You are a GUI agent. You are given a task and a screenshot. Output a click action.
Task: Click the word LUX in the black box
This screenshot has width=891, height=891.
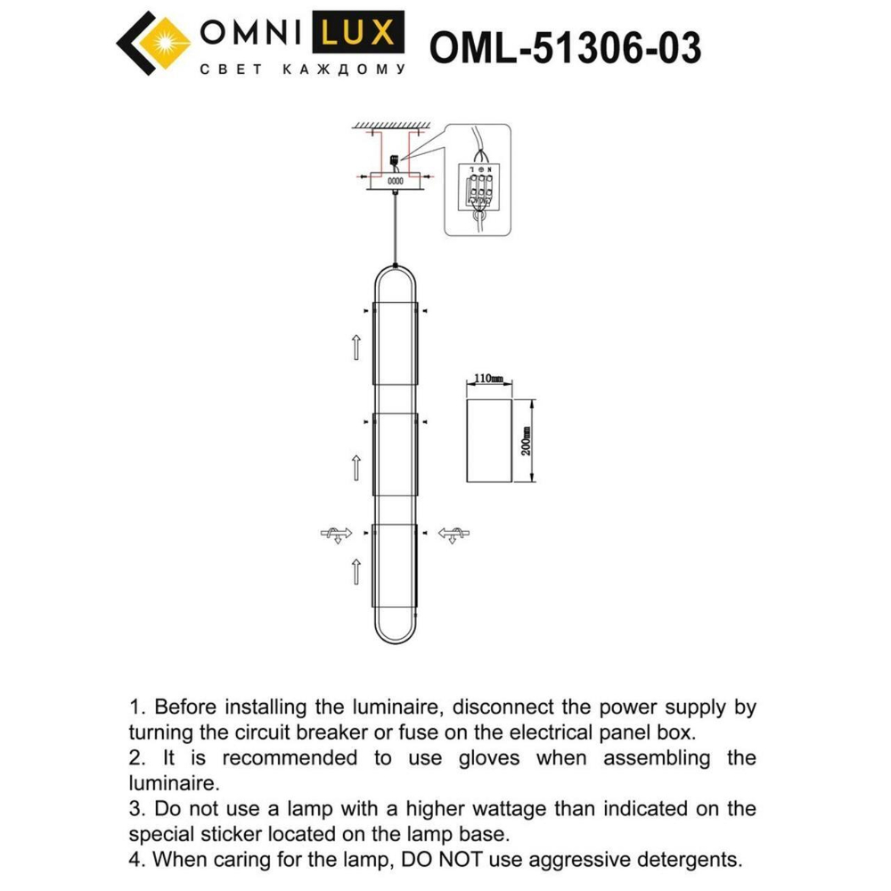pos(356,34)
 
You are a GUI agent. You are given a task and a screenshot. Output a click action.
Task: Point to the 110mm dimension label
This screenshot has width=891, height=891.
pos(487,380)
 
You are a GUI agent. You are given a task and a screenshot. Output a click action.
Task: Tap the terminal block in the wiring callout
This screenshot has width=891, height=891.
pos(479,188)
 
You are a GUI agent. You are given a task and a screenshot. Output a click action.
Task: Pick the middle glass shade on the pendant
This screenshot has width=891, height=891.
pos(396,454)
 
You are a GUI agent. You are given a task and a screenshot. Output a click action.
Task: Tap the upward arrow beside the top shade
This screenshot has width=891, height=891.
pos(356,345)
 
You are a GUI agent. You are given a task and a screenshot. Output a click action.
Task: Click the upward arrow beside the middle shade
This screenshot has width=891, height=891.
pos(356,463)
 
